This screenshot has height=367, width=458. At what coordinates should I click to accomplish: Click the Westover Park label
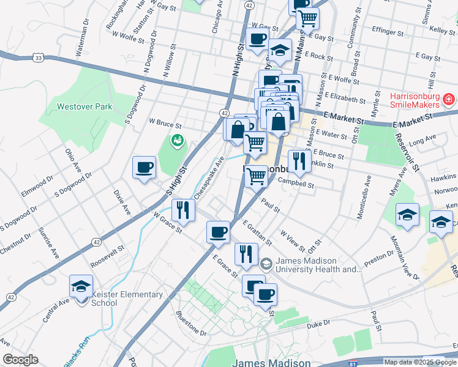point(84,106)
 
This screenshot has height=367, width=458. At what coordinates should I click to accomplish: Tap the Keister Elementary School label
point(127,298)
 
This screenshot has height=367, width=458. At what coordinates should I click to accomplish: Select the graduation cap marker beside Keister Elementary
point(81,286)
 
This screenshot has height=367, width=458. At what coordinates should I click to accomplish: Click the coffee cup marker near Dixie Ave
point(145,167)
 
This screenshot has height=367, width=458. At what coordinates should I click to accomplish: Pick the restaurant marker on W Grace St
point(184,210)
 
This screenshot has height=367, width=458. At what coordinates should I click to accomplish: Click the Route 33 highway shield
point(39,57)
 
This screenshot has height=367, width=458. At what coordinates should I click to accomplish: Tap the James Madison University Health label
point(318,265)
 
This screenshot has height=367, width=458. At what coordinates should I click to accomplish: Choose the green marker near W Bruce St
point(177,141)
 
